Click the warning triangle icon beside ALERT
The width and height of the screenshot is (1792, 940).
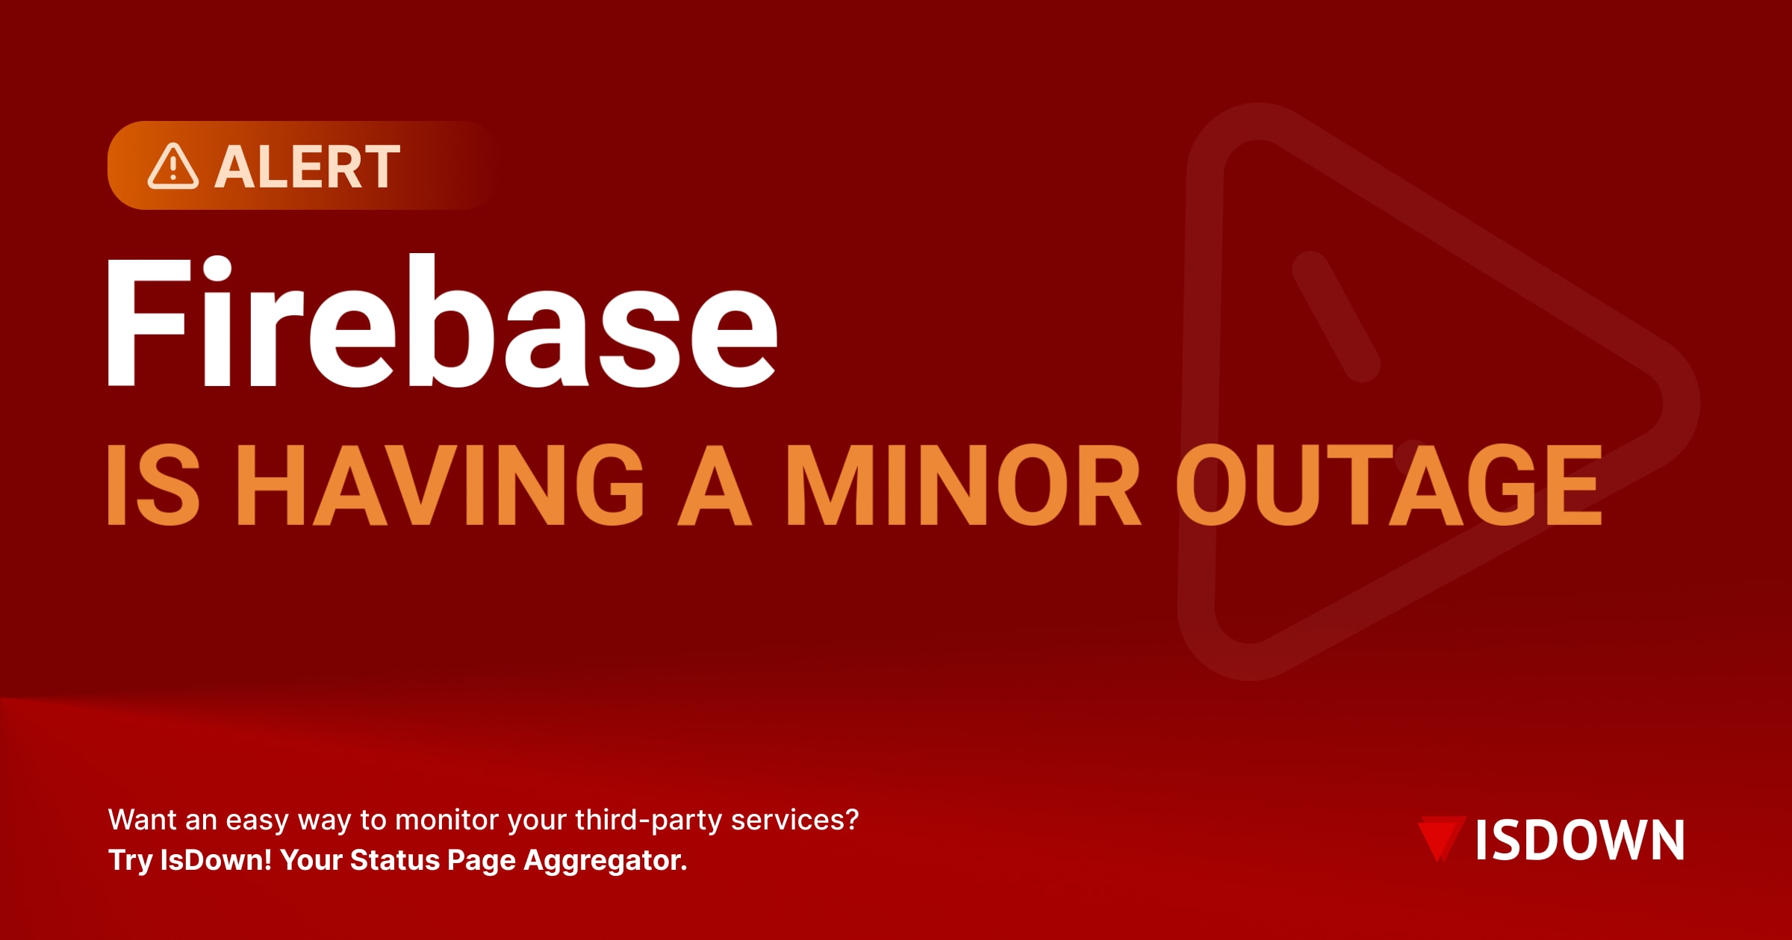pos(172,166)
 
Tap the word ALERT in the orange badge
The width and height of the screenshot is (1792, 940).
pos(308,167)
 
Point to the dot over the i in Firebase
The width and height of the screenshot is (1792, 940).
pos(217,267)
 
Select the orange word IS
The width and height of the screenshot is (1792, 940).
pos(153,485)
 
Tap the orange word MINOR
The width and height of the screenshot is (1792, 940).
pos(963,485)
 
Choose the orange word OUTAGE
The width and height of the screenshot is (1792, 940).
pos(1389,485)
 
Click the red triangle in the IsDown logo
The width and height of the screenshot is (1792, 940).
pos(1440,838)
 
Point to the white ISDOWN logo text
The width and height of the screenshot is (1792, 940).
pos(1580,841)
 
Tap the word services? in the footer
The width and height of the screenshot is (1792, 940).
pos(794,820)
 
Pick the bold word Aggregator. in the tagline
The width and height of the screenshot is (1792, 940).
pos(605,861)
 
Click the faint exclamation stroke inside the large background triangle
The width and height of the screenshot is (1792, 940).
pos(1336,316)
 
